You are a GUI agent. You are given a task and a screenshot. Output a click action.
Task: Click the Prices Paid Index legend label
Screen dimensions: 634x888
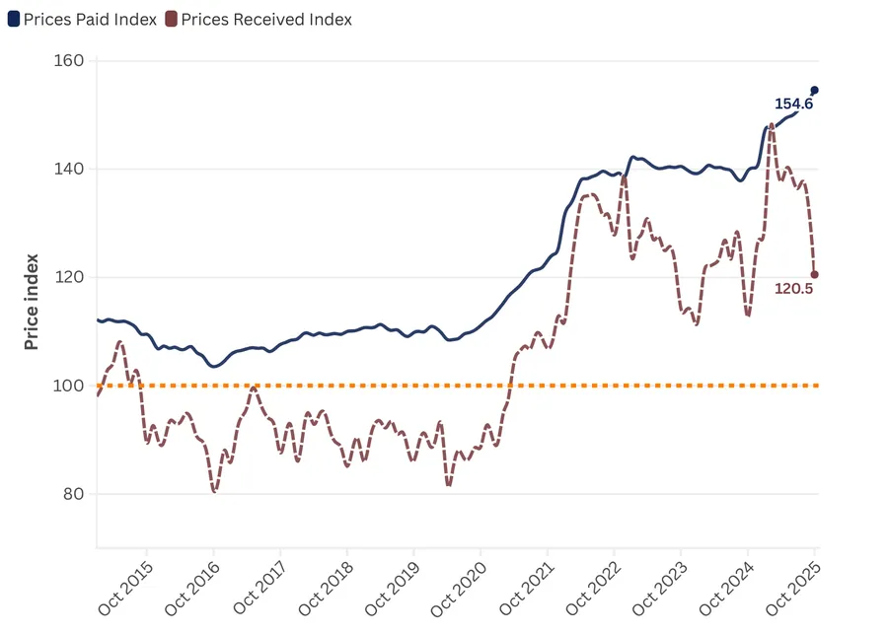[90, 20]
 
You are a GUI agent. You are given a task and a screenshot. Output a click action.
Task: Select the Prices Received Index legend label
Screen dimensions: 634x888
[266, 20]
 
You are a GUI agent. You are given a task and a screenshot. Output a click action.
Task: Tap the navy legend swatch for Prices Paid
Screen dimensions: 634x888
[14, 20]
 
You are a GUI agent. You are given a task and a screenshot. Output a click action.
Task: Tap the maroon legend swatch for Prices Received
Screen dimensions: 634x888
[171, 20]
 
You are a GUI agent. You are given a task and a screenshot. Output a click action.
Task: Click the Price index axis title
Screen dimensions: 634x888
[32, 301]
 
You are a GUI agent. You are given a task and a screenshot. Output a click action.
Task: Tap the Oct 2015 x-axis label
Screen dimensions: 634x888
[126, 589]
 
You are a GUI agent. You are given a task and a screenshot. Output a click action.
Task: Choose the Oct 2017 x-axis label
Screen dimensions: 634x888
[259, 589]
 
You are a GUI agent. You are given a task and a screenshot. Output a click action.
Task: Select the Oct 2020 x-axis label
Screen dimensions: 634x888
[460, 589]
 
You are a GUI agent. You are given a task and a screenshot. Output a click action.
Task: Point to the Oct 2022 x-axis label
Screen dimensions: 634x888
[593, 589]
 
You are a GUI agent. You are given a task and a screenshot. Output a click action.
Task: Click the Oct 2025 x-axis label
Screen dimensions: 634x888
[793, 589]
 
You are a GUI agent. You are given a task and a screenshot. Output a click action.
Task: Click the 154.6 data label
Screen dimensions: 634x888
[793, 104]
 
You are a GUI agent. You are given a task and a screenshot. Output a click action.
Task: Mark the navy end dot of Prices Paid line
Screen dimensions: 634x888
[815, 90]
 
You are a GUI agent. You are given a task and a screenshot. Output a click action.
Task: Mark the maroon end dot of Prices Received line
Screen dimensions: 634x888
[815, 275]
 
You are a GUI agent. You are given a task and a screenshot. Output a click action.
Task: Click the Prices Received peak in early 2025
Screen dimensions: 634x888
[771, 125]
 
